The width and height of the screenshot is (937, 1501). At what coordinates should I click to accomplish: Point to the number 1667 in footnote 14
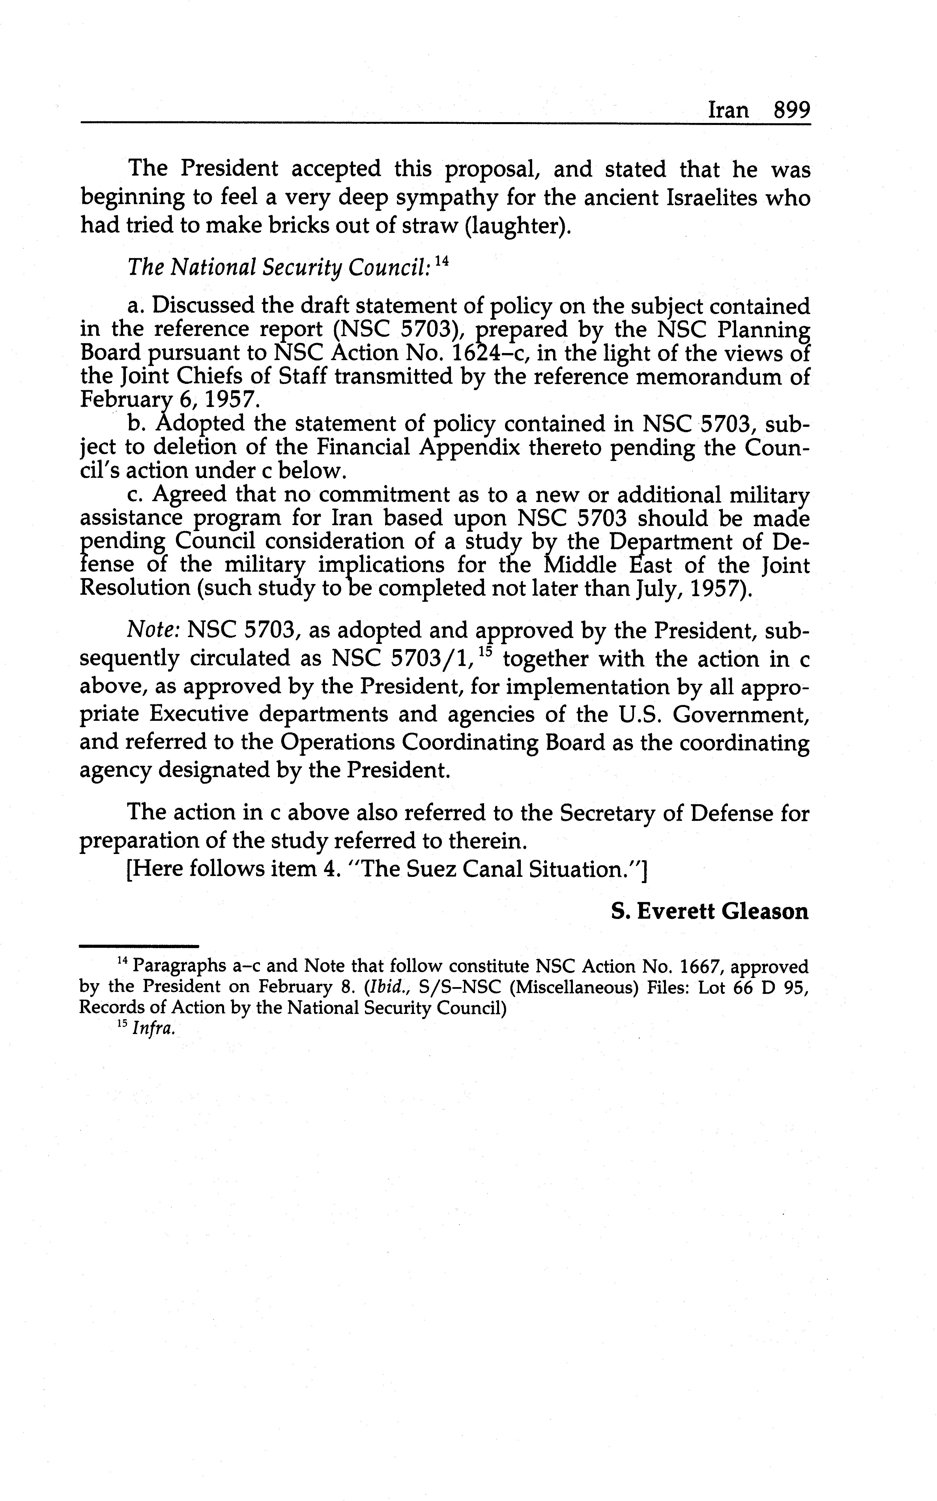[x=699, y=967]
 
